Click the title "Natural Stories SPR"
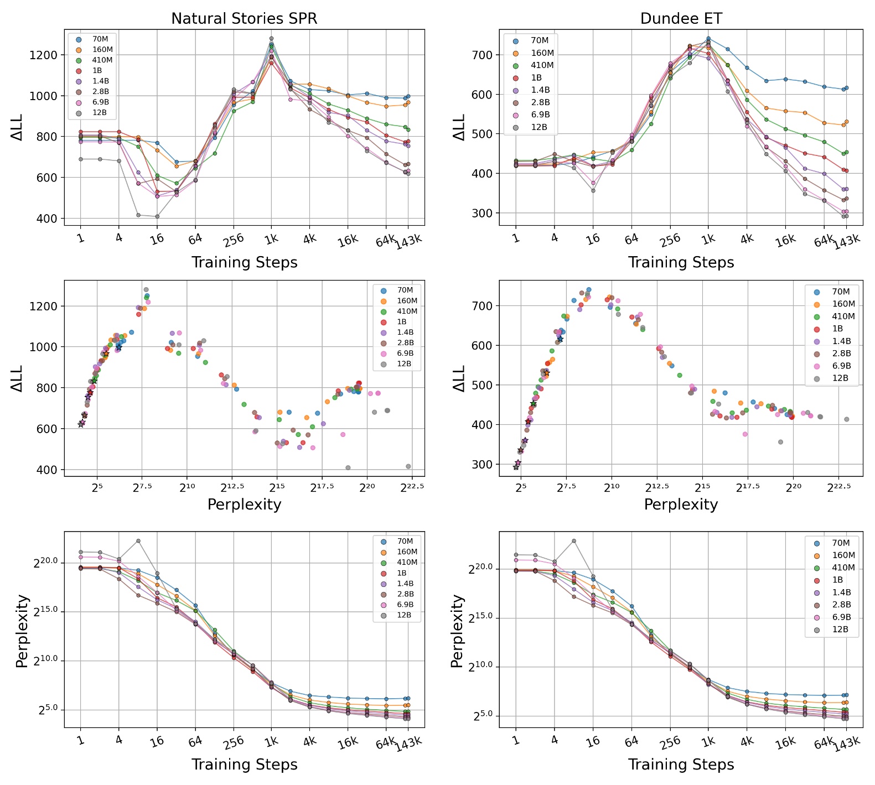click(x=244, y=19)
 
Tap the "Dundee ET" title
click(x=681, y=19)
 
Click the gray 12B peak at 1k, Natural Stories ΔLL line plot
click(x=271, y=39)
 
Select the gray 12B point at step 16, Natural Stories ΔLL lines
click(x=157, y=216)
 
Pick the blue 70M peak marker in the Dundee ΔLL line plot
click(x=708, y=39)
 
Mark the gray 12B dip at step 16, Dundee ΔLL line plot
click(x=593, y=191)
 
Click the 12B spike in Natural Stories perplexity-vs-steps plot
click(x=138, y=540)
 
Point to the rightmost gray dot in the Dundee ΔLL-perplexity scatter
click(x=847, y=419)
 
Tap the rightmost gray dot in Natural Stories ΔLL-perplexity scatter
click(x=408, y=466)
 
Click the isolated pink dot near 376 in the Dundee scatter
click(x=745, y=434)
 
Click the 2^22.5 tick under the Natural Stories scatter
click(x=409, y=487)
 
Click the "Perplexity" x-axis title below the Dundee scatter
click(x=681, y=505)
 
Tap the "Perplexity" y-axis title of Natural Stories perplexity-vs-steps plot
click(x=22, y=631)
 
